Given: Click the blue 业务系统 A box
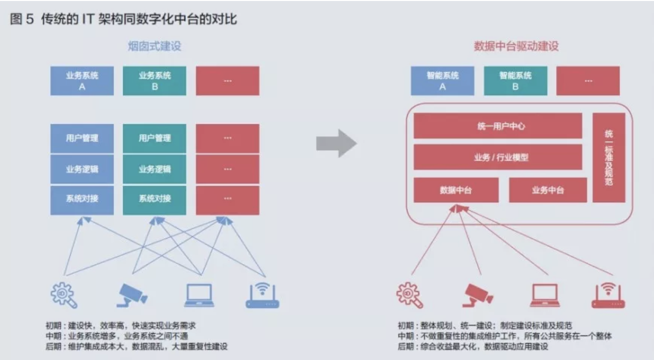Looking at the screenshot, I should tap(82, 81).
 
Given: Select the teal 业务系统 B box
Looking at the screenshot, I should tap(155, 81).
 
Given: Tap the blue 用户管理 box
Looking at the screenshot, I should tap(82, 138).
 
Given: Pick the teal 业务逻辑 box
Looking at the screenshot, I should tap(155, 169).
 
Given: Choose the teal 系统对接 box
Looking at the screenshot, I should tap(155, 199).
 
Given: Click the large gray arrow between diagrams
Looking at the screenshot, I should tap(336, 143).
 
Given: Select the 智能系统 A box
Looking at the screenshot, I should tap(442, 81).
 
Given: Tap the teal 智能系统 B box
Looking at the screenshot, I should tap(515, 81).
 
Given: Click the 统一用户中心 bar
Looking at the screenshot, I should tap(497, 126).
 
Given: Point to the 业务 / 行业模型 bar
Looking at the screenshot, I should tap(497, 157).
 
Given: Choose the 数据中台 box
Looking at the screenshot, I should tap(456, 190).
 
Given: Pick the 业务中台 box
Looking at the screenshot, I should tap(548, 190).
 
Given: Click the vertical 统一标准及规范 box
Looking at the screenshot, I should tap(609, 157).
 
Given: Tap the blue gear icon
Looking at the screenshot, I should tap(64, 295).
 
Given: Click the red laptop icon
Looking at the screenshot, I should tap(545, 295).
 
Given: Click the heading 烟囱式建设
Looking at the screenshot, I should tap(155, 47).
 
